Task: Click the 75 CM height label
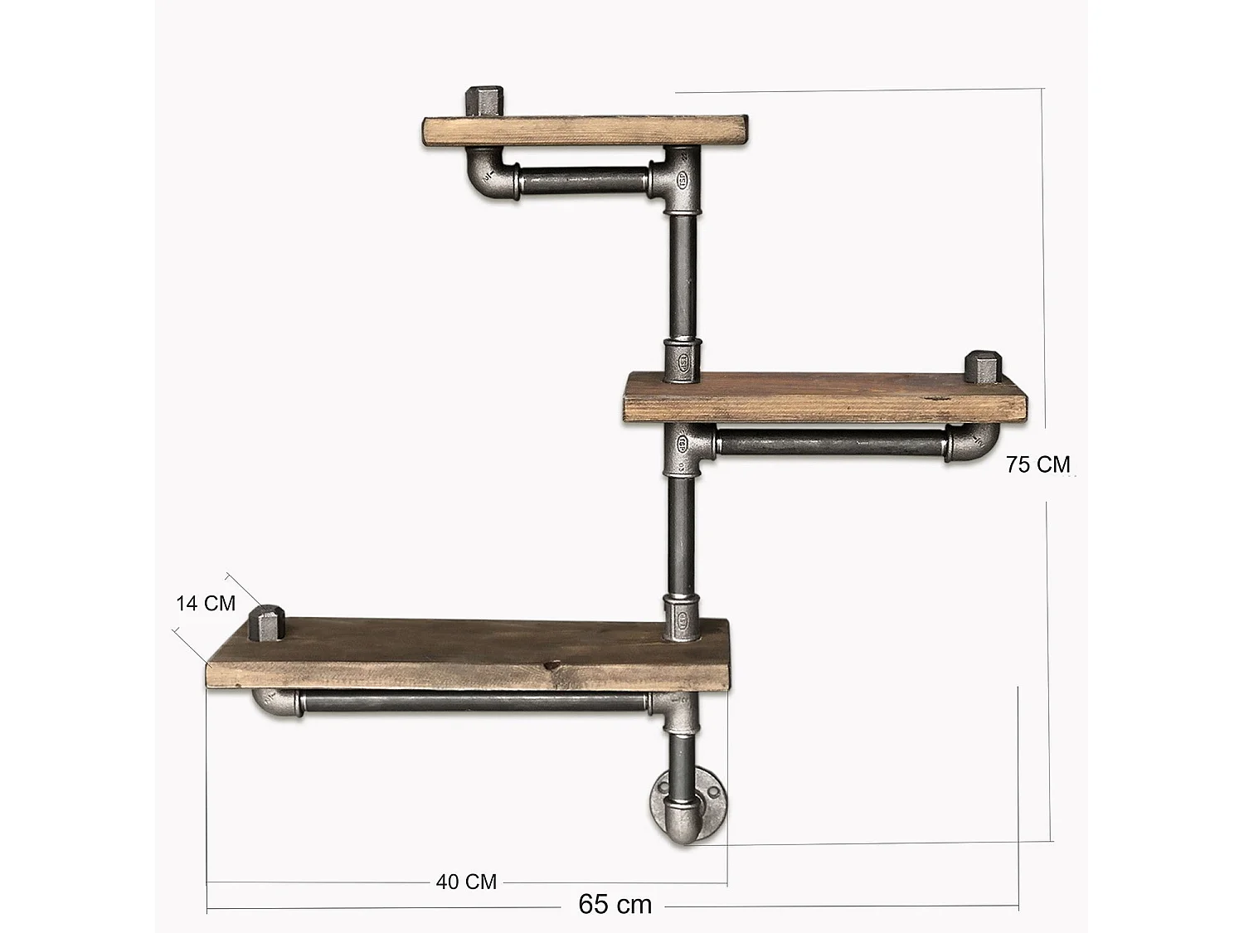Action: (x=1037, y=464)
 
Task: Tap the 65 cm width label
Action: (x=615, y=903)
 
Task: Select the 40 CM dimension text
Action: (x=466, y=882)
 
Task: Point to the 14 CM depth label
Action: (x=206, y=603)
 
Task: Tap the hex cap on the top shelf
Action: (x=484, y=101)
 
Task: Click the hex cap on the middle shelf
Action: (x=984, y=367)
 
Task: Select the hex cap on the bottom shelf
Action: (x=267, y=623)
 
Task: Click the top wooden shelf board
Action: (x=586, y=131)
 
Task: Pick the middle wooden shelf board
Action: (x=824, y=398)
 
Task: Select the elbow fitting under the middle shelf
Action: (x=975, y=443)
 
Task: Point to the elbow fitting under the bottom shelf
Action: (x=275, y=704)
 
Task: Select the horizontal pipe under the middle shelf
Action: (x=829, y=444)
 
